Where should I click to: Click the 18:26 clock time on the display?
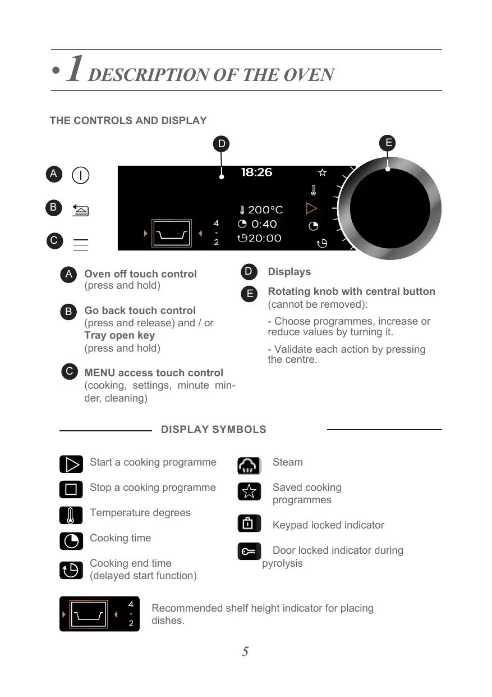[x=256, y=172]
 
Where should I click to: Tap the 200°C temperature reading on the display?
[x=261, y=210]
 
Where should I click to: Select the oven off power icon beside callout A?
[x=81, y=175]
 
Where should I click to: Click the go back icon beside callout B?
[x=81, y=211]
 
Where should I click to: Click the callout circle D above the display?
[x=222, y=144]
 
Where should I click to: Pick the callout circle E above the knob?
[x=388, y=143]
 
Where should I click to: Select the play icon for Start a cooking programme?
[x=71, y=465]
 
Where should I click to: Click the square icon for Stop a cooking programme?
[x=71, y=490]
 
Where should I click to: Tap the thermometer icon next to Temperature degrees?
[x=71, y=515]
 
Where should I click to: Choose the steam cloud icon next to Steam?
[x=249, y=466]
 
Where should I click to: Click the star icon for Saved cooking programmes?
[x=249, y=491]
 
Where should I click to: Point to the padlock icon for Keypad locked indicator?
[x=249, y=523]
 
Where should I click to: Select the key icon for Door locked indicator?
[x=249, y=552]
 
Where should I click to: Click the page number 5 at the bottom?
[x=245, y=652]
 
